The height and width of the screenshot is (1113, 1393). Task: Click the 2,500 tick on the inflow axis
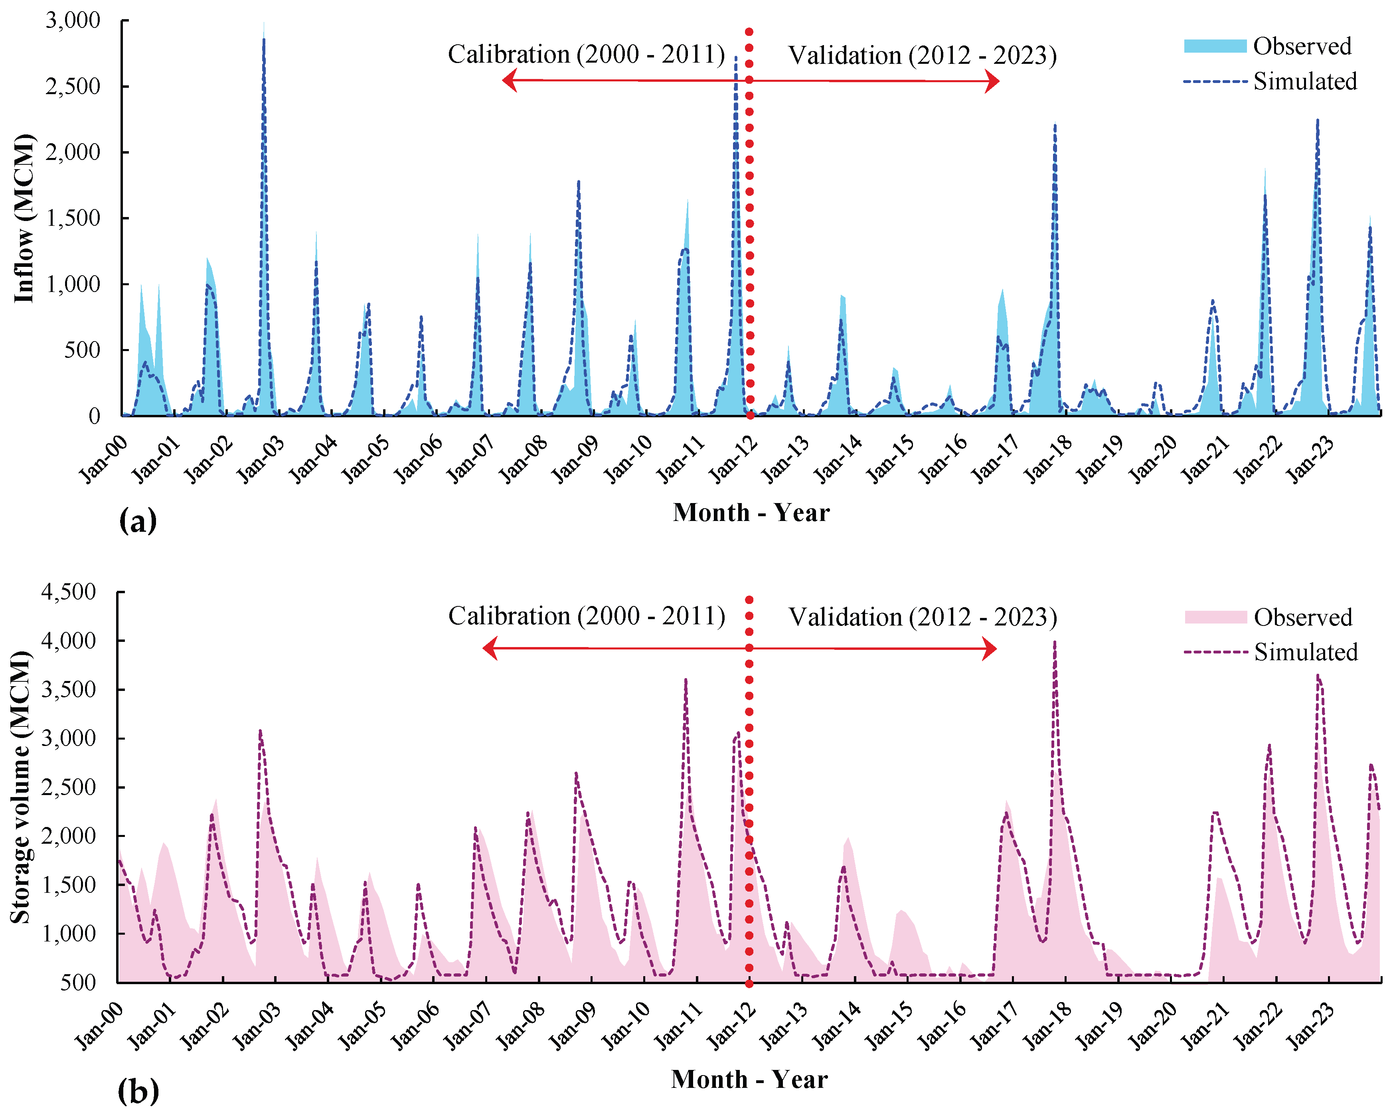point(72,86)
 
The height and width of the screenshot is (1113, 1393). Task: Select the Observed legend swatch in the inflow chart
point(1215,46)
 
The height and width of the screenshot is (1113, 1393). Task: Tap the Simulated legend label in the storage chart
point(1306,652)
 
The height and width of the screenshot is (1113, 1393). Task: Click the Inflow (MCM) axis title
point(24,218)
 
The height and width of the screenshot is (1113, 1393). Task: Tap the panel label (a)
point(138,521)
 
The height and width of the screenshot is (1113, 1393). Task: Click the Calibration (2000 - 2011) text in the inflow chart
point(586,54)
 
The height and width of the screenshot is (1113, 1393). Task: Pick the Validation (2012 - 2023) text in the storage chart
point(923,617)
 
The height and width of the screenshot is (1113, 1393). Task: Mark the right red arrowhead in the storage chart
point(989,649)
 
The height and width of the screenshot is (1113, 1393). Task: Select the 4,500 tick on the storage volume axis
point(69,592)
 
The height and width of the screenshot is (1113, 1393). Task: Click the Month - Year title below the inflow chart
point(751,512)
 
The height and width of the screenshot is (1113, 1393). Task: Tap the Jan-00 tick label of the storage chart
point(98,1026)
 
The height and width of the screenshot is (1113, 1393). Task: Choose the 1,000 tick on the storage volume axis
point(69,933)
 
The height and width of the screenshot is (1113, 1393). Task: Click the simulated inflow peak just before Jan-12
point(736,58)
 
